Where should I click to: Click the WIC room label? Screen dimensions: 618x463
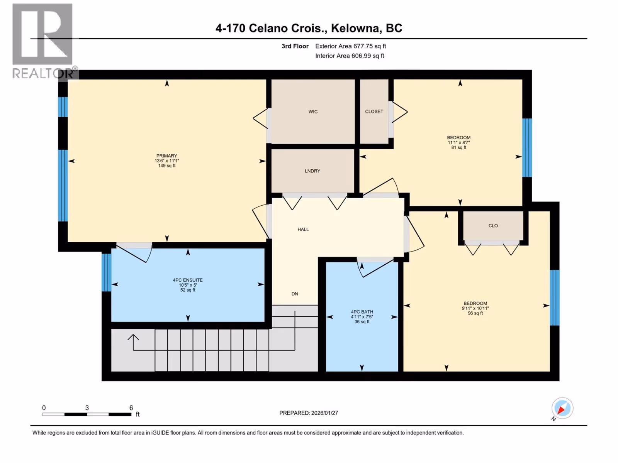(313, 112)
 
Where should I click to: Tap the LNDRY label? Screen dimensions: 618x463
(312, 171)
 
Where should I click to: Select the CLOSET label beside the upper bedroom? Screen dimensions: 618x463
(374, 112)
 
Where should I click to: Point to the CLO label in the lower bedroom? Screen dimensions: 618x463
(493, 226)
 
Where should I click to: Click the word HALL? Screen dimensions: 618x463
(303, 230)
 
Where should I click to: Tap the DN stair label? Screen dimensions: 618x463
(295, 294)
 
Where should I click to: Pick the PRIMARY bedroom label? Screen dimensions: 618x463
(167, 156)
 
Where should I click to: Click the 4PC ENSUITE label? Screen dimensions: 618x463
(188, 280)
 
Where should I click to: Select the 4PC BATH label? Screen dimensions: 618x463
(362, 312)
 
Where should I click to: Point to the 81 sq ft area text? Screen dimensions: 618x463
(458, 147)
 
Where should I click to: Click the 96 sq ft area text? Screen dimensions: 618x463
(475, 313)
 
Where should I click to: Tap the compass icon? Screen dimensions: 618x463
(562, 408)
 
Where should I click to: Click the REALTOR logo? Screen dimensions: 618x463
(44, 41)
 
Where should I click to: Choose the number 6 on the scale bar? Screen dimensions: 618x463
(131, 407)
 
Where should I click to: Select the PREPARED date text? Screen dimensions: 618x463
(309, 413)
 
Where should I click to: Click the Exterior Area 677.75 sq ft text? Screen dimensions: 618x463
(351, 46)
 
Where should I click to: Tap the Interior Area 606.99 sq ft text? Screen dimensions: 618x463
(350, 56)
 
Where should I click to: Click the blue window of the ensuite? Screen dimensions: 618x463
(107, 272)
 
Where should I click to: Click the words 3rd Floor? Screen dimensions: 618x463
(295, 46)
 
